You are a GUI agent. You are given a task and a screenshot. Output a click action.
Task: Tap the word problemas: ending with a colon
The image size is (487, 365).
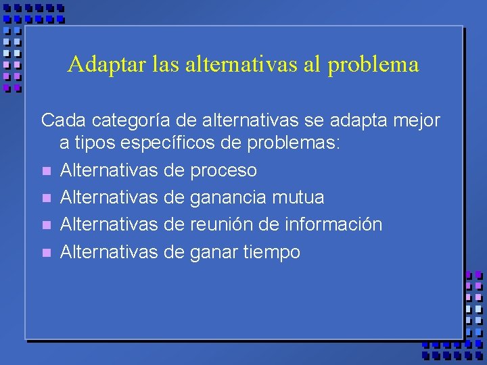pos(296,144)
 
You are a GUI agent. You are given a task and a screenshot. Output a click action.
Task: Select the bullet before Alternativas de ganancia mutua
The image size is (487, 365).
pos(46,198)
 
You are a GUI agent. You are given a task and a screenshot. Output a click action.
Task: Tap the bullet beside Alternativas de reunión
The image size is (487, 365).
pos(46,225)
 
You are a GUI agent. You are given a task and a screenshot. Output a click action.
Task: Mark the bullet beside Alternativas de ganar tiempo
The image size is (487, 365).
pos(46,252)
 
